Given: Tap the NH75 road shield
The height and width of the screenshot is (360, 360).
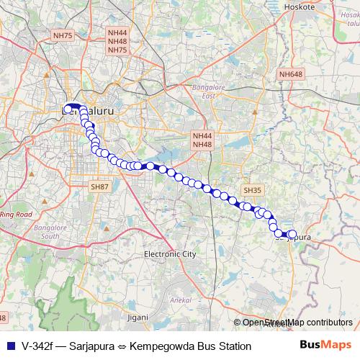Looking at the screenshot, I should point(63,35).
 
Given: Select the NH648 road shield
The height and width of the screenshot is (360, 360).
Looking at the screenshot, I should point(291,74).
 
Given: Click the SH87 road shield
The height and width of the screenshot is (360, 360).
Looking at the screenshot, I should point(99,186).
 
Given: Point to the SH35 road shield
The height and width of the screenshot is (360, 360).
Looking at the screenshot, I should point(251,190).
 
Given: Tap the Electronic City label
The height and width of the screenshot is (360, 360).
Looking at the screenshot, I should point(170,254).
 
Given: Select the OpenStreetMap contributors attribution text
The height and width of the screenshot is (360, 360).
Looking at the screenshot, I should point(297,323).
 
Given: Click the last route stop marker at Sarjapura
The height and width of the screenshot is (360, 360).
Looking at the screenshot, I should point(292,234).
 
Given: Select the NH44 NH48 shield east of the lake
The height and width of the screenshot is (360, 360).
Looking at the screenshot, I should point(202,140).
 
